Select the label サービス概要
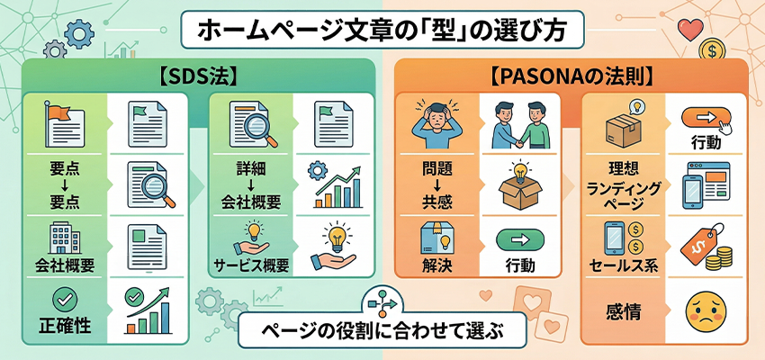tap(251, 266)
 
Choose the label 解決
tap(437, 266)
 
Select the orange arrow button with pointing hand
tap(704, 118)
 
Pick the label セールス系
tap(622, 266)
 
